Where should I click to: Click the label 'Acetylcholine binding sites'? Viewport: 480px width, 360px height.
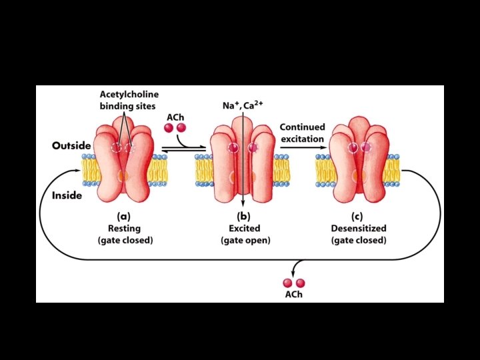129,99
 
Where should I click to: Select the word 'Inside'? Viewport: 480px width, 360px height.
67,195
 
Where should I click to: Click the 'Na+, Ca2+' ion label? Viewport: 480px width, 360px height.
243,105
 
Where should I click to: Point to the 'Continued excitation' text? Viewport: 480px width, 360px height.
302,133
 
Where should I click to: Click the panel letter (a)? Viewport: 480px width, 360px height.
123,216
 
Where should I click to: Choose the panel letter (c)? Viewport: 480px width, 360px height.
358,216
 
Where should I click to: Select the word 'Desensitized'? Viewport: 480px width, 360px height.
358,228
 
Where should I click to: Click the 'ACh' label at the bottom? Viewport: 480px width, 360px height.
293,294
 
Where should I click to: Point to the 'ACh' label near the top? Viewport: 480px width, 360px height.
175,116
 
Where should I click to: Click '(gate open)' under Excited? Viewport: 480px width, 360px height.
245,240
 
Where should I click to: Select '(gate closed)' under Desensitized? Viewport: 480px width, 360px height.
358,240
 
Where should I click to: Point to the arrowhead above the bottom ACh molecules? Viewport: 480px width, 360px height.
294,271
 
